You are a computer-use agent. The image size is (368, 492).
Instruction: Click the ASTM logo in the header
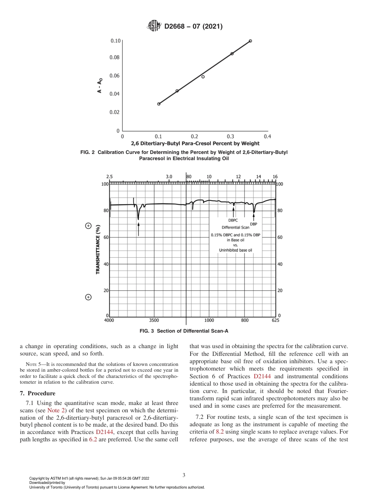(x=155, y=26)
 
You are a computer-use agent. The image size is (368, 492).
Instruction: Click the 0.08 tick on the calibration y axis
(x=115, y=58)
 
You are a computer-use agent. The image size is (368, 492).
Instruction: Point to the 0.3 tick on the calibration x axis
(x=230, y=137)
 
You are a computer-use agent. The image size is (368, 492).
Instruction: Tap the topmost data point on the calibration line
(x=250, y=41)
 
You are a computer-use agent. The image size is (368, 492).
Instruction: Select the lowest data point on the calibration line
(x=159, y=104)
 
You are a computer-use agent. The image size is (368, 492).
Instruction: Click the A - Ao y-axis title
(x=100, y=86)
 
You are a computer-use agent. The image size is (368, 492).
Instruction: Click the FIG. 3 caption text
(x=184, y=331)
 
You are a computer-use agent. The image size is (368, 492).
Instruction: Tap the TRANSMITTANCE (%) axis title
(x=98, y=249)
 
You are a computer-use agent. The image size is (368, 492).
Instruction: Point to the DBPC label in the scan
(x=233, y=220)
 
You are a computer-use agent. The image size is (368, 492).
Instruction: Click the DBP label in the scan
(x=254, y=224)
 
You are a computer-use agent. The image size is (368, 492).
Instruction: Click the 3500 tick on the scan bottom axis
(x=154, y=320)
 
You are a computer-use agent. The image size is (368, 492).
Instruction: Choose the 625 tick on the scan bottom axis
(x=275, y=320)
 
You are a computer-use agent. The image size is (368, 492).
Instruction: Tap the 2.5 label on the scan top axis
(x=109, y=177)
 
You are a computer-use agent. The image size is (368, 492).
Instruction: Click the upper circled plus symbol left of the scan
(x=88, y=226)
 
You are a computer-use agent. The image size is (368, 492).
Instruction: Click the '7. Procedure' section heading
(x=38, y=393)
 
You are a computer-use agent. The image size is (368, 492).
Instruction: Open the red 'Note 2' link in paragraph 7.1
(x=53, y=410)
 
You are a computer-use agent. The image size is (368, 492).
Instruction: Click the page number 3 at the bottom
(x=184, y=475)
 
